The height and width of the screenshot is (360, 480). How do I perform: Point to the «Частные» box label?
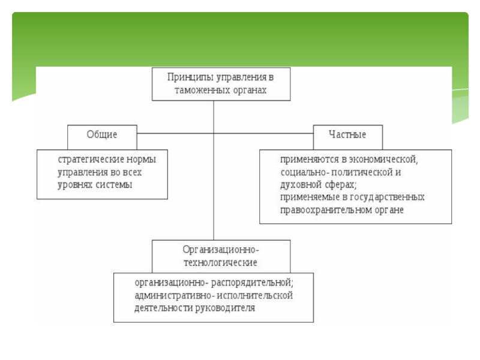[347, 134]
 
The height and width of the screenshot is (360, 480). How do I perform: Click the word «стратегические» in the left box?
[91, 160]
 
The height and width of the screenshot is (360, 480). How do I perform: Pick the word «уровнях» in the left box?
[77, 185]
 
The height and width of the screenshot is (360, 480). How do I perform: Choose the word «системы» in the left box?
[116, 185]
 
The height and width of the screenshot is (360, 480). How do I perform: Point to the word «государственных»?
[391, 197]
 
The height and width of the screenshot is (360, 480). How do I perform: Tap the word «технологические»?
[220, 262]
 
